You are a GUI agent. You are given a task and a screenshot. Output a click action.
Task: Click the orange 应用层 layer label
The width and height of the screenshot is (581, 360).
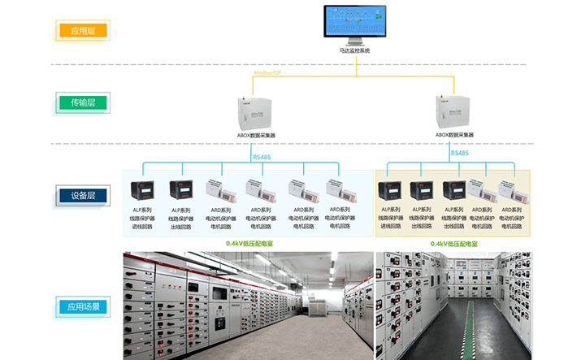point(83,31)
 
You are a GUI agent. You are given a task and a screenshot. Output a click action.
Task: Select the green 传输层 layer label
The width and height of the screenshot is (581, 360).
point(83,103)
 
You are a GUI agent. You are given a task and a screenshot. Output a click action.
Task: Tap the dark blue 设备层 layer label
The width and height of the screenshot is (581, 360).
point(83,196)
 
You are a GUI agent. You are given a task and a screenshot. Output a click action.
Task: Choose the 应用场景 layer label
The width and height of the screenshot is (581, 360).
point(83,307)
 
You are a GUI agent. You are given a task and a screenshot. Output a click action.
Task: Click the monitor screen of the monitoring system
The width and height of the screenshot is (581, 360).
point(354,22)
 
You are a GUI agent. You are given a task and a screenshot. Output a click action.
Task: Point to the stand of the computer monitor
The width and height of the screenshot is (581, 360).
point(354,43)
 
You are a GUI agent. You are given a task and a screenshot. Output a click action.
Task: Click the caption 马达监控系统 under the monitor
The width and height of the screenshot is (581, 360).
point(354,51)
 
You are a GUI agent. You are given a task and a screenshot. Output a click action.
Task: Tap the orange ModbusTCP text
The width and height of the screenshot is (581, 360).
point(267,73)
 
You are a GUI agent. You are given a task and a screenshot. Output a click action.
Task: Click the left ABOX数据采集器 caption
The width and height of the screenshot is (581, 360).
point(255,136)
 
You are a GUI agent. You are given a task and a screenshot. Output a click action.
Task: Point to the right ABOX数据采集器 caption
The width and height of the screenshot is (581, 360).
point(454,135)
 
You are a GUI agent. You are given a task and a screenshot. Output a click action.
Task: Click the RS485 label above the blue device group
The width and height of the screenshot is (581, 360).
point(262,157)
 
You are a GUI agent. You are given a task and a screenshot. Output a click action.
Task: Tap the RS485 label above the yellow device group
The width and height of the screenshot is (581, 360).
point(460,153)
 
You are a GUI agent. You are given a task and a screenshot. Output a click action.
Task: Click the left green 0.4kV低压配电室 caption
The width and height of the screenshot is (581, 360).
point(250,243)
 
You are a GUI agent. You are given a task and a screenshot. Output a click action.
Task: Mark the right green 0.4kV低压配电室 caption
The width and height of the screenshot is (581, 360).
point(453,243)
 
